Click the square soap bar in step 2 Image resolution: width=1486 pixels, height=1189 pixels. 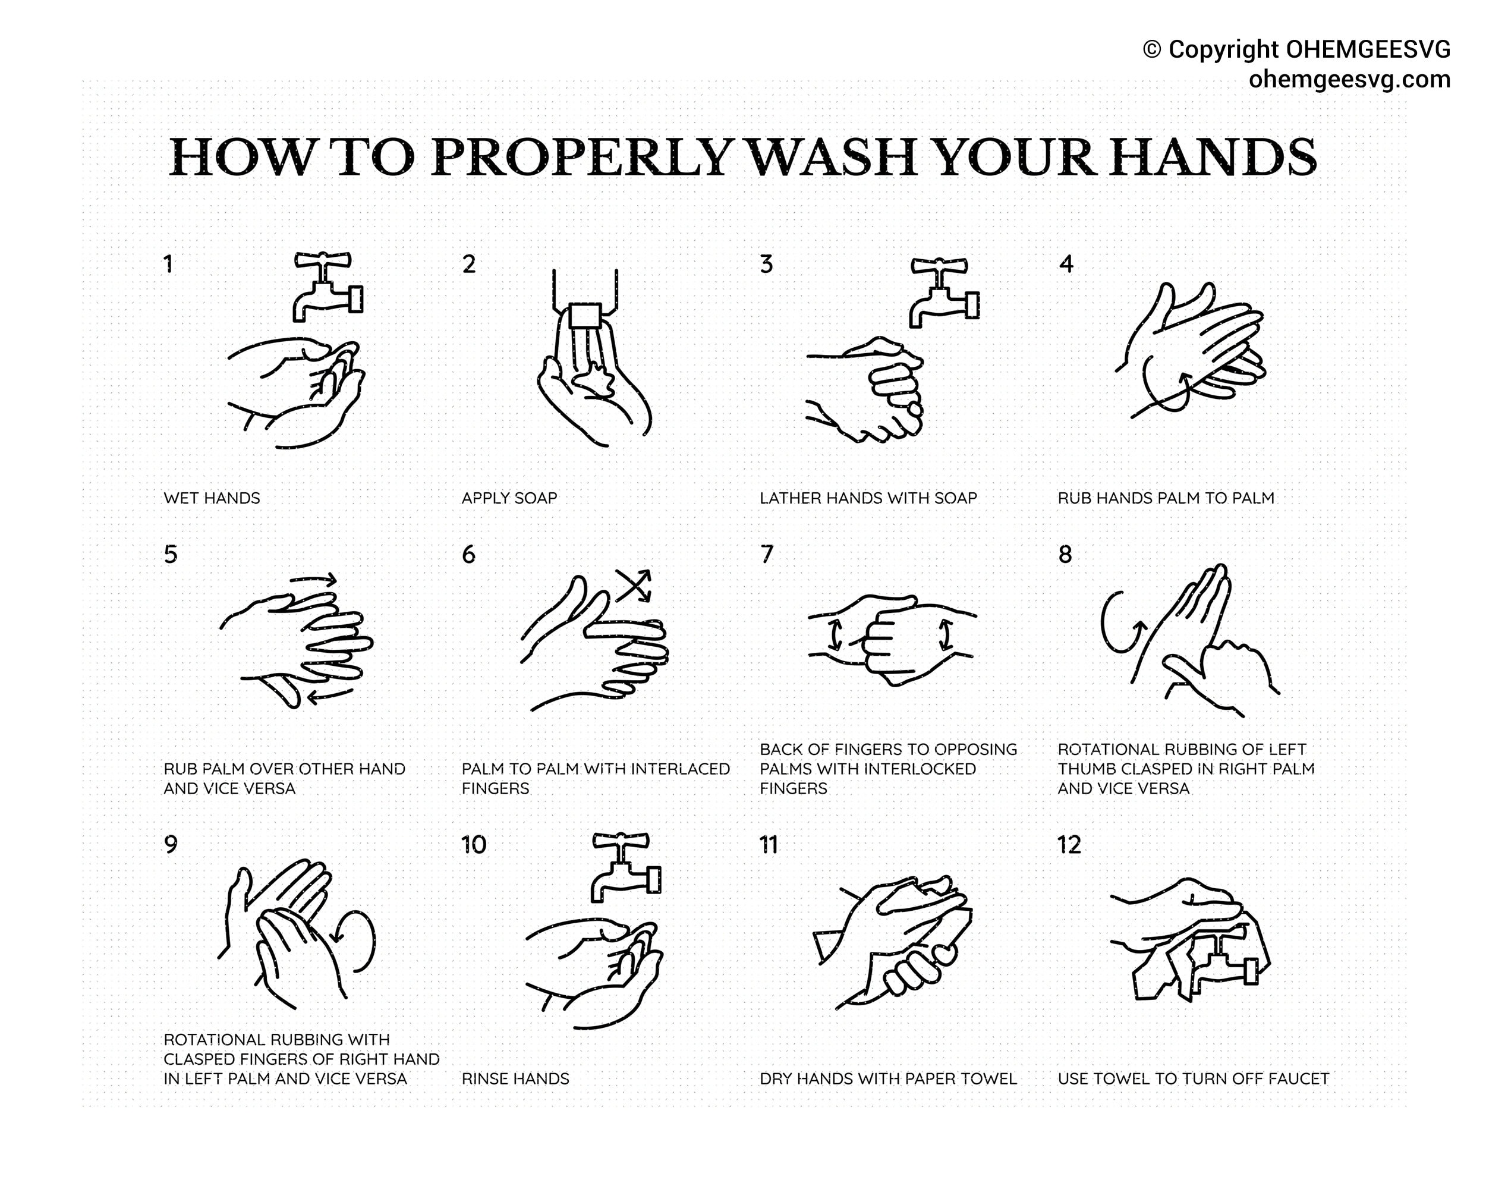point(585,317)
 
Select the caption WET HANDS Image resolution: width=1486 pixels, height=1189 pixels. point(212,498)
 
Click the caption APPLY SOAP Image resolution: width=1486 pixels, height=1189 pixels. point(509,498)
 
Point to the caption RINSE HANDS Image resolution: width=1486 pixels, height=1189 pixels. point(515,1078)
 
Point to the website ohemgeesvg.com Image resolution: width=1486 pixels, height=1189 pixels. point(1349,79)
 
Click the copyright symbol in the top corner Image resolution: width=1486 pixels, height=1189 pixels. point(1152,49)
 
